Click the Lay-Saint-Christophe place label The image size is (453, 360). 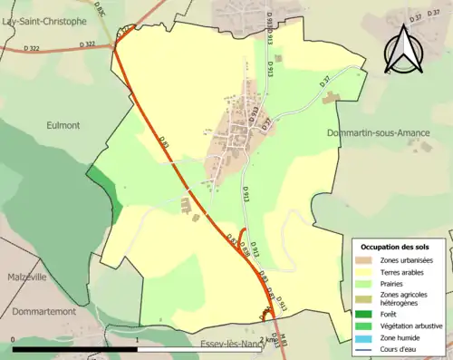[x=43, y=20]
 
